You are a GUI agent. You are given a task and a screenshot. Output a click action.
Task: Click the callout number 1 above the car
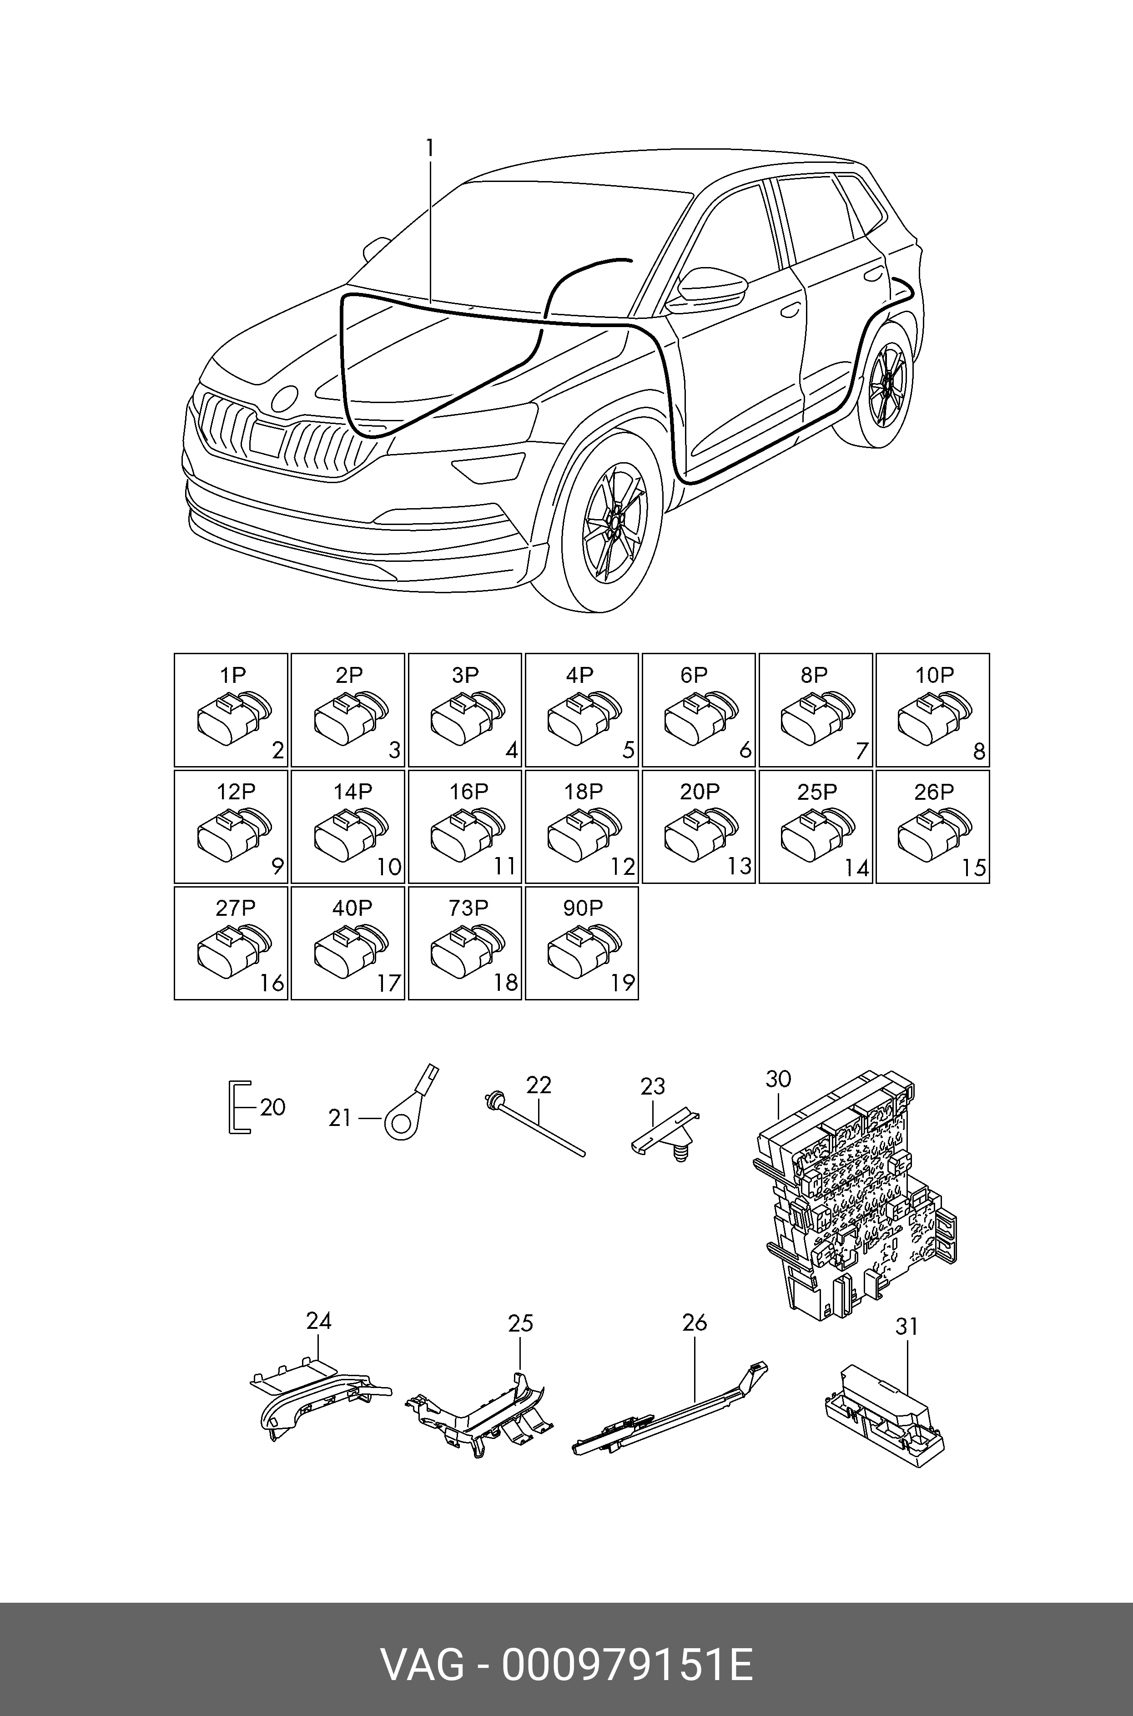430,148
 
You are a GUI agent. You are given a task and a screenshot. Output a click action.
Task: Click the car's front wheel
611,521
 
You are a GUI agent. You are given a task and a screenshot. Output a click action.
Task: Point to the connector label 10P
934,675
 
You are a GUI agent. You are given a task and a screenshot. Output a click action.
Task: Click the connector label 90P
583,908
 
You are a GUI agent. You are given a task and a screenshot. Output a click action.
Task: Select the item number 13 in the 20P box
739,866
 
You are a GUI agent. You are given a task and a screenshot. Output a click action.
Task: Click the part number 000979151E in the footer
627,1666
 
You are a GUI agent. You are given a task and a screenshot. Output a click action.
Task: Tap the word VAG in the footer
423,1666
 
